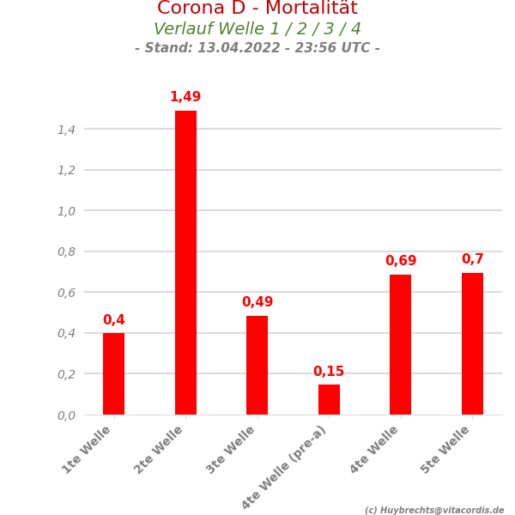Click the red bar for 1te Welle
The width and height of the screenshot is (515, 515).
[x=113, y=373]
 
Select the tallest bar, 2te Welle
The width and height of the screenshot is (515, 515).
[x=185, y=262]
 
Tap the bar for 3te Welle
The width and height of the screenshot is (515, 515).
[x=257, y=365]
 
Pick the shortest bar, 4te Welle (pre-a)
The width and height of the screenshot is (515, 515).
[x=329, y=399]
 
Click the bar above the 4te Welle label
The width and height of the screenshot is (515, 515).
[x=400, y=344]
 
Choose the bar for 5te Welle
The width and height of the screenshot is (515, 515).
[x=472, y=343]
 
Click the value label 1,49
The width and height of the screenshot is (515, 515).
[x=185, y=98]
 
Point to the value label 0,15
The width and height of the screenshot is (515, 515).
[x=329, y=372]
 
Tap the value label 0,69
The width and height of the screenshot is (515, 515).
[x=400, y=261]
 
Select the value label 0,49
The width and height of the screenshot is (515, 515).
[x=257, y=302]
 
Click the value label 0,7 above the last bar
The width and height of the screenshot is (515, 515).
[x=472, y=259]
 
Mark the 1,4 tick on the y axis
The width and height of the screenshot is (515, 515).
[x=66, y=130]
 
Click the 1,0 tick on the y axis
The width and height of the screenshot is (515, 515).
[x=66, y=211]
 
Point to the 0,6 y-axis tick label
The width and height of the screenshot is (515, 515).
[x=66, y=293]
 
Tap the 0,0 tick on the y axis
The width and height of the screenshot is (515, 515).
[x=66, y=415]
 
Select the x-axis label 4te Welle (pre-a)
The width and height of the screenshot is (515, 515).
[x=285, y=467]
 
